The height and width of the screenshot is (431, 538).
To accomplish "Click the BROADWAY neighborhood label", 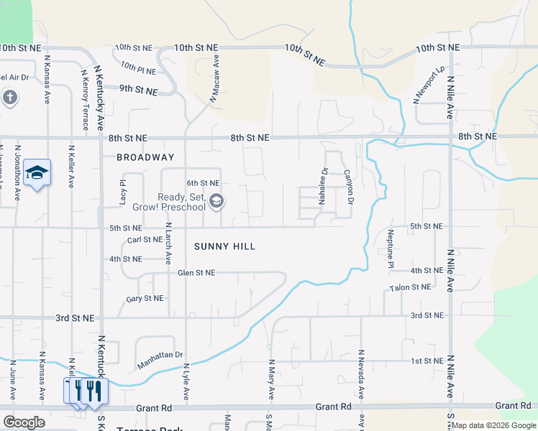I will [145, 157].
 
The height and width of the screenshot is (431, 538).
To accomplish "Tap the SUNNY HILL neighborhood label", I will [225, 246].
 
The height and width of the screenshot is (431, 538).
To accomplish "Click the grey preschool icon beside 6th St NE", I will [216, 202].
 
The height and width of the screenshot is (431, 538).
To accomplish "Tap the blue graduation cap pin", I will [37, 173].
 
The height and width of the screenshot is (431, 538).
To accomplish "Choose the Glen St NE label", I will [196, 273].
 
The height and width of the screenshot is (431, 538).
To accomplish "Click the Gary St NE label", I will [145, 299].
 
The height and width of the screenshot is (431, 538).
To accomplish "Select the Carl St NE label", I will [145, 240].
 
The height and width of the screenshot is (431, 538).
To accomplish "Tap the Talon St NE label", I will [410, 287].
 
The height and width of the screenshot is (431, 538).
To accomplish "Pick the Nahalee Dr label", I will [324, 185].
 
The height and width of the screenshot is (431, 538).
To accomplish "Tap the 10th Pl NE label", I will [138, 69].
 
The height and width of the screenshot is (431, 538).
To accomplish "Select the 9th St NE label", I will [138, 90].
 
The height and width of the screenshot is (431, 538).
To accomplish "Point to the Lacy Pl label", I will [123, 193].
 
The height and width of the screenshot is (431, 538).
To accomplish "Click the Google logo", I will [24, 422].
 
